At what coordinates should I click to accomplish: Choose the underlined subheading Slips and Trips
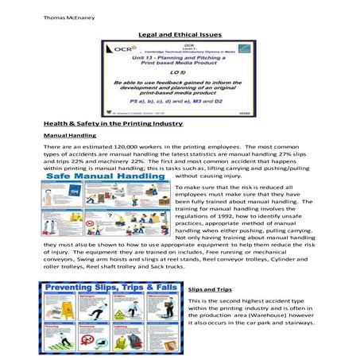(209, 290)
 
